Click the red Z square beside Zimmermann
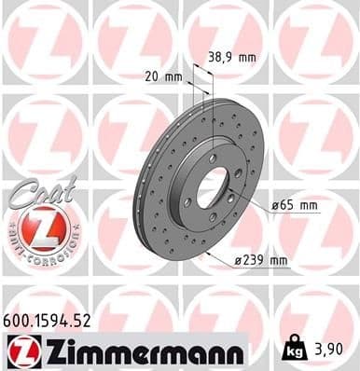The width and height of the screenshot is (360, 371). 20,350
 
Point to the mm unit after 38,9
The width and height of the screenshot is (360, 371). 246,57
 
